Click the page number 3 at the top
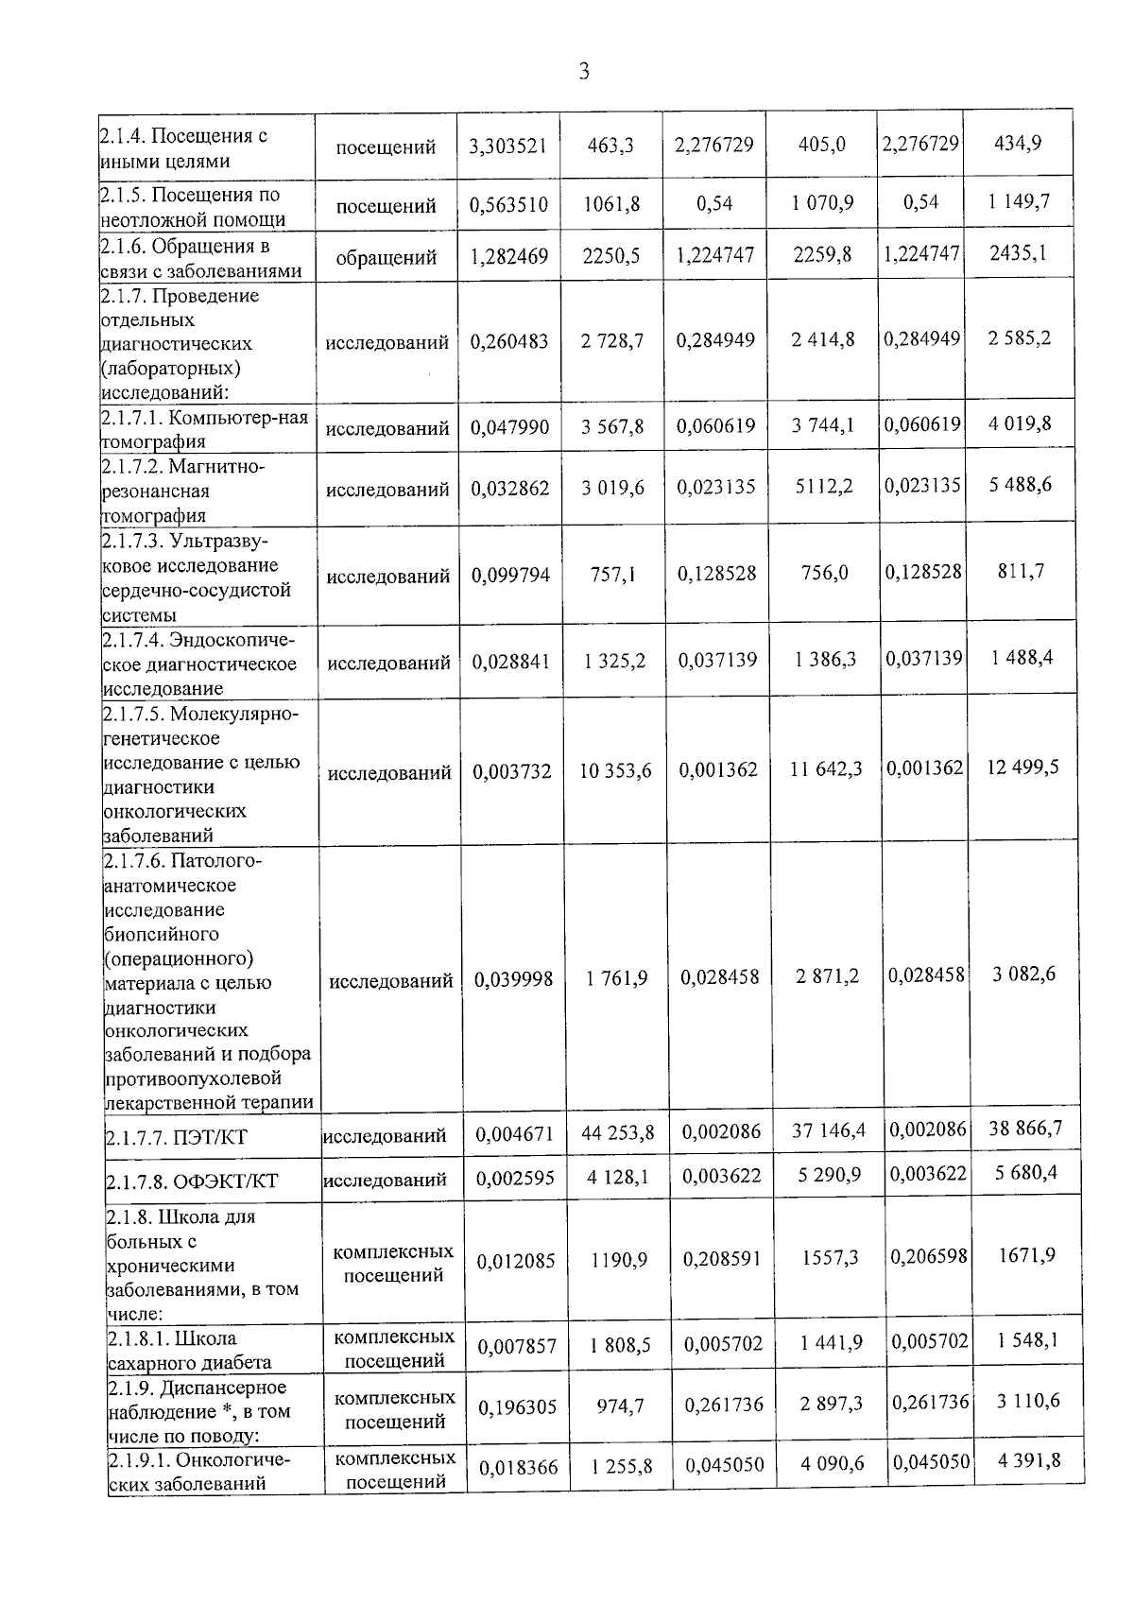[583, 72]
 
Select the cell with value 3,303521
[508, 146]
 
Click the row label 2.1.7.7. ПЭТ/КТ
[176, 1136]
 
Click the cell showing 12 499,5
[1022, 767]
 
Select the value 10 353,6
[615, 771]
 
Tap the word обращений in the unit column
[386, 257]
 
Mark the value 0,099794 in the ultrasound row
[510, 575]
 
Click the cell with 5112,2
[824, 488]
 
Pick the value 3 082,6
[1024, 974]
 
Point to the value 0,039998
[513, 980]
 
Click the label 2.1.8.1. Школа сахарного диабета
[189, 1350]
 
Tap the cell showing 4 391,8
[1029, 1460]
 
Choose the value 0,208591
[722, 1260]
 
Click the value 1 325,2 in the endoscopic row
[615, 661]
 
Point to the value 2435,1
[1018, 253]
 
